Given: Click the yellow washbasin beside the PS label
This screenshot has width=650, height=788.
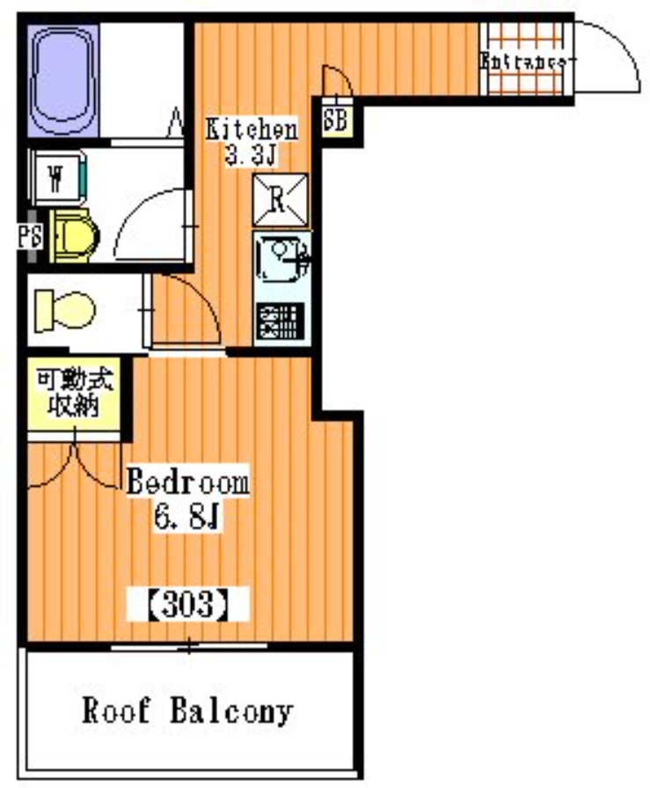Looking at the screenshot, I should [73, 236].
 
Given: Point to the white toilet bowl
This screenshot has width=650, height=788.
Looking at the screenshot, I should [64, 311].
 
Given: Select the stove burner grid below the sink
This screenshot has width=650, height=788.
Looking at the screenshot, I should [281, 321].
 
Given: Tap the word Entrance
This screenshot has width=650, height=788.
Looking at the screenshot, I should [522, 62].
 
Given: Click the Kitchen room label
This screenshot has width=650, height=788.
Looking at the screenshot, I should [251, 129].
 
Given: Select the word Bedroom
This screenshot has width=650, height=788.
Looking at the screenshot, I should [187, 482].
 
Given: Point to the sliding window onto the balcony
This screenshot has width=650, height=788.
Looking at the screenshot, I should [189, 647].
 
